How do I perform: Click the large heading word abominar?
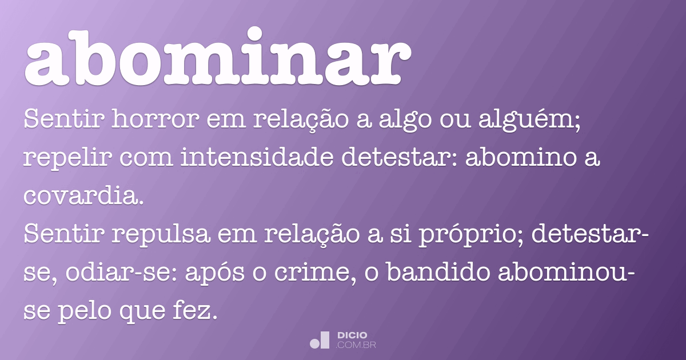[217, 57]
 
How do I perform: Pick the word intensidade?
[258, 158]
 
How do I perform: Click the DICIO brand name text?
[352, 335]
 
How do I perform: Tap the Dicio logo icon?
[320, 340]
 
